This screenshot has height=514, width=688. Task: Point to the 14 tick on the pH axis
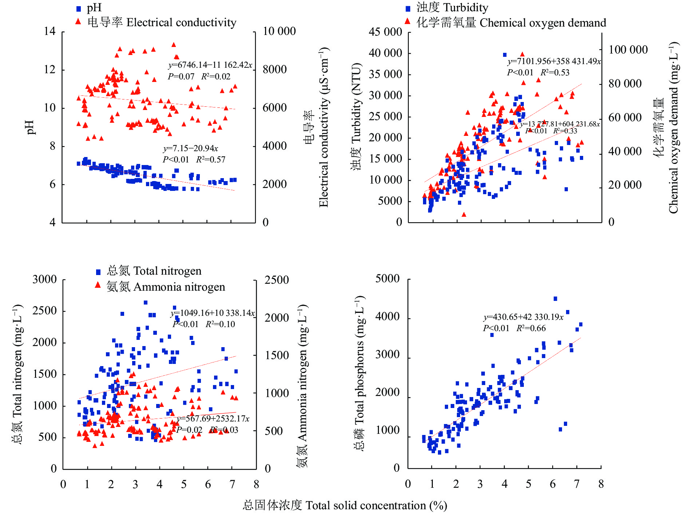click(x=50, y=31)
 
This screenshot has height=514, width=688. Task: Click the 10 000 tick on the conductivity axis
click(x=279, y=31)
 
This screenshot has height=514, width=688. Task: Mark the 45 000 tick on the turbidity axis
click(x=385, y=32)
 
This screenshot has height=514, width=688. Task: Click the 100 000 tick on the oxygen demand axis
click(x=628, y=50)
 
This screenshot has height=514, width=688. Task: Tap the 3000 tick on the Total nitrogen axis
click(x=44, y=280)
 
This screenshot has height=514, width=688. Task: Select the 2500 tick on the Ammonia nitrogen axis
click(x=277, y=280)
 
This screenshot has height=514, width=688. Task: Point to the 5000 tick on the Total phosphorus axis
click(x=387, y=279)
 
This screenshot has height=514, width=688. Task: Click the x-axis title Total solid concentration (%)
click(x=345, y=506)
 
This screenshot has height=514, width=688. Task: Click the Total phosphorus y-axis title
click(x=360, y=373)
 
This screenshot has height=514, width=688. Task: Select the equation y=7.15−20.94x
click(x=190, y=149)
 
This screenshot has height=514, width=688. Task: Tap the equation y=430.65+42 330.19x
click(x=523, y=317)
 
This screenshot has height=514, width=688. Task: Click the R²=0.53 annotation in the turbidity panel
click(x=555, y=72)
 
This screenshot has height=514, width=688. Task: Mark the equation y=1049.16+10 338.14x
click(x=213, y=313)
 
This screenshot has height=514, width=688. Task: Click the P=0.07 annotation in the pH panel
click(x=181, y=76)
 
